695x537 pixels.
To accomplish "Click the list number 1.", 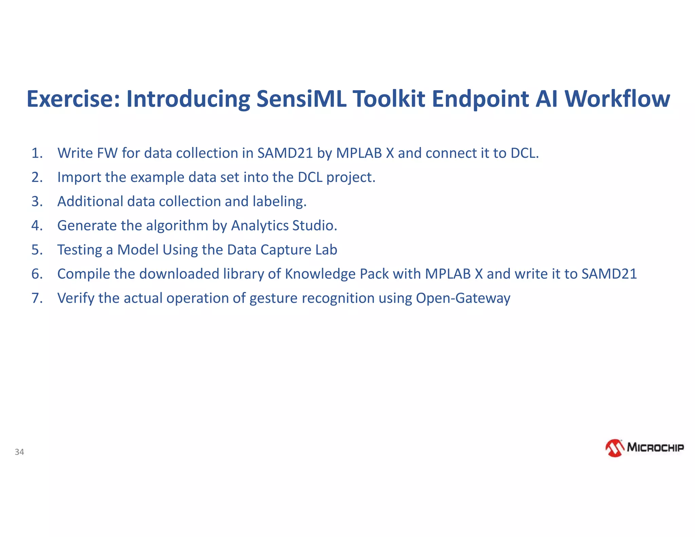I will (x=37, y=153).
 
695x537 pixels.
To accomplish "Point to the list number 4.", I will (x=37, y=226).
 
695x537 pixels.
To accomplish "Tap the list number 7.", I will (x=37, y=298).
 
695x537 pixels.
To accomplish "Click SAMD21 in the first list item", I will (x=285, y=153).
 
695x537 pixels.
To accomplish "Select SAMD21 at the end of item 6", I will (x=609, y=274).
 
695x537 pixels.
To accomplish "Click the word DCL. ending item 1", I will (x=525, y=153).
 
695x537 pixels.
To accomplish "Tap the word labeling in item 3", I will (x=279, y=202).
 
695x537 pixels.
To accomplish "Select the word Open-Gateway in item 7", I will (x=463, y=298).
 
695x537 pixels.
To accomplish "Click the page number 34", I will (x=19, y=452).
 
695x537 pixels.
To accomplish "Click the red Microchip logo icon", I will (x=615, y=448).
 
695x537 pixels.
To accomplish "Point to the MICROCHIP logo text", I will (x=655, y=447).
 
